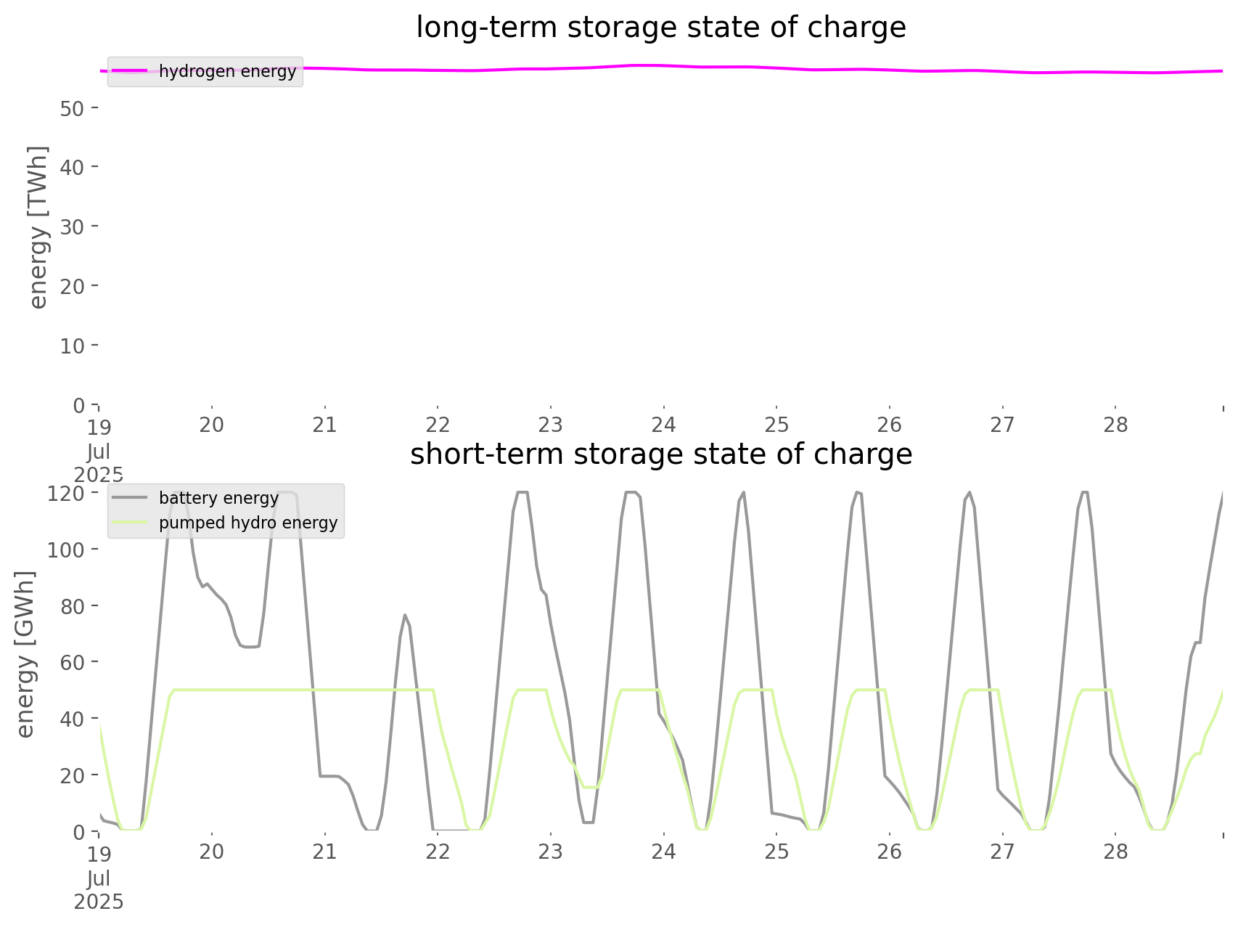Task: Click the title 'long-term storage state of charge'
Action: (660, 28)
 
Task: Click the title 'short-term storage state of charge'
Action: (660, 454)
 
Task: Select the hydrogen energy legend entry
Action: (226, 71)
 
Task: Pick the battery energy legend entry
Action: (218, 498)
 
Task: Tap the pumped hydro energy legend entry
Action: (247, 523)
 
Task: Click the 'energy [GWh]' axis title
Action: (26, 654)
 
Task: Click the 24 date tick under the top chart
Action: (663, 425)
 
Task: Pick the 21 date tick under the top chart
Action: (324, 425)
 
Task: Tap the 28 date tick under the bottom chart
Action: (1115, 852)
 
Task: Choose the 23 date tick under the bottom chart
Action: (551, 852)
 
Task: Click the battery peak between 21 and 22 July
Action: (405, 615)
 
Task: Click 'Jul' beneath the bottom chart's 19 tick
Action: (99, 878)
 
